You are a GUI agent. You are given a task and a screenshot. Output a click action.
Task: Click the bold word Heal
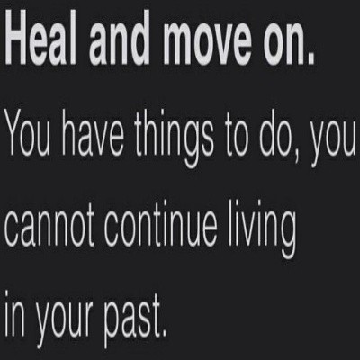tap(40, 40)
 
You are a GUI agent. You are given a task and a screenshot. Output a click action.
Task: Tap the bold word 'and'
tap(119, 40)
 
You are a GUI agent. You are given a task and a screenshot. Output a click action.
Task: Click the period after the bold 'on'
tap(310, 59)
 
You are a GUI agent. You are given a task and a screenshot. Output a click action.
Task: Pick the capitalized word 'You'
tap(28, 132)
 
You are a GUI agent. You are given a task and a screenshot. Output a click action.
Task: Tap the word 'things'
tap(175, 139)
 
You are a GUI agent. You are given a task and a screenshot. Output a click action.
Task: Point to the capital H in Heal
tap(21, 40)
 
